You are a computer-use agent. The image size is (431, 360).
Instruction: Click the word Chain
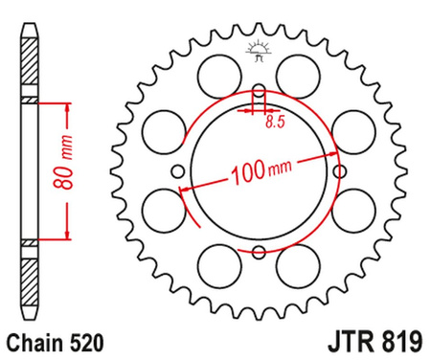(31, 340)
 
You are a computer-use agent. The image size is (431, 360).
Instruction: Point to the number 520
(78, 340)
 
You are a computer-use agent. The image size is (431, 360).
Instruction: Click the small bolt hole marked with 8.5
(258, 94)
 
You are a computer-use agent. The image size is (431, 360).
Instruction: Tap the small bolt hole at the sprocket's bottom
(258, 252)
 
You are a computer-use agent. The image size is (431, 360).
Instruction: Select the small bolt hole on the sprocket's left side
(179, 172)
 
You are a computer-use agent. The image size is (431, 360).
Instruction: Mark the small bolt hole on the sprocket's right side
(337, 172)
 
